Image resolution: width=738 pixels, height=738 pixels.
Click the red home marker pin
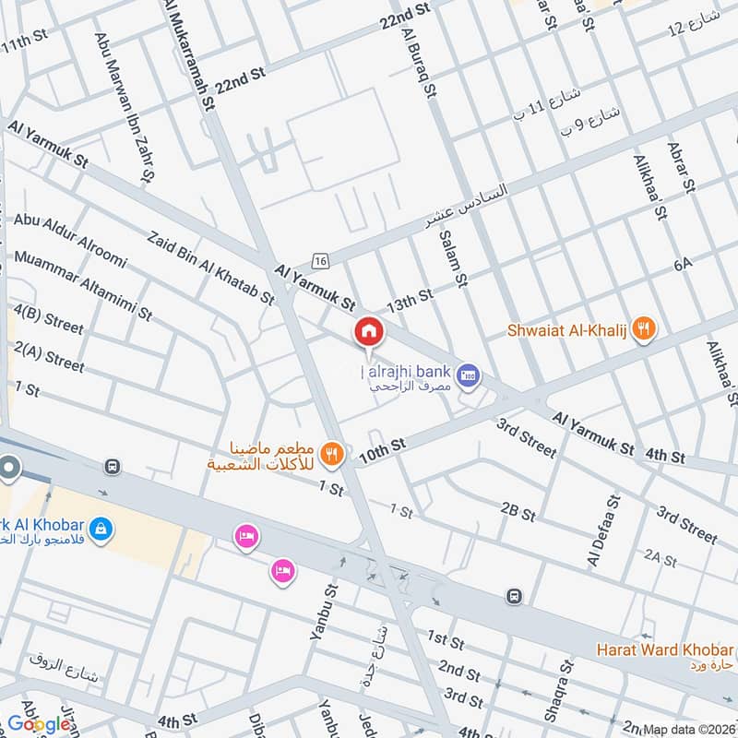coord(369,331)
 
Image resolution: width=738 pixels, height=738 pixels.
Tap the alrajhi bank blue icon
coord(468,374)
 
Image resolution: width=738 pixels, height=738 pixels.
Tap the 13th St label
coord(410,299)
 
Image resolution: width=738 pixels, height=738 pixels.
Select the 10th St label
coord(382,449)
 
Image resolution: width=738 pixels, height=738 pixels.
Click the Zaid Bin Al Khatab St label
coord(210,267)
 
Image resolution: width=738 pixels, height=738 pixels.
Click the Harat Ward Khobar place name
coord(664,649)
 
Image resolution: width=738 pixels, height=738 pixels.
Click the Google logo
coord(39,724)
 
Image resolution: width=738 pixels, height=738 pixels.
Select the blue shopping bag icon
coord(102,530)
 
